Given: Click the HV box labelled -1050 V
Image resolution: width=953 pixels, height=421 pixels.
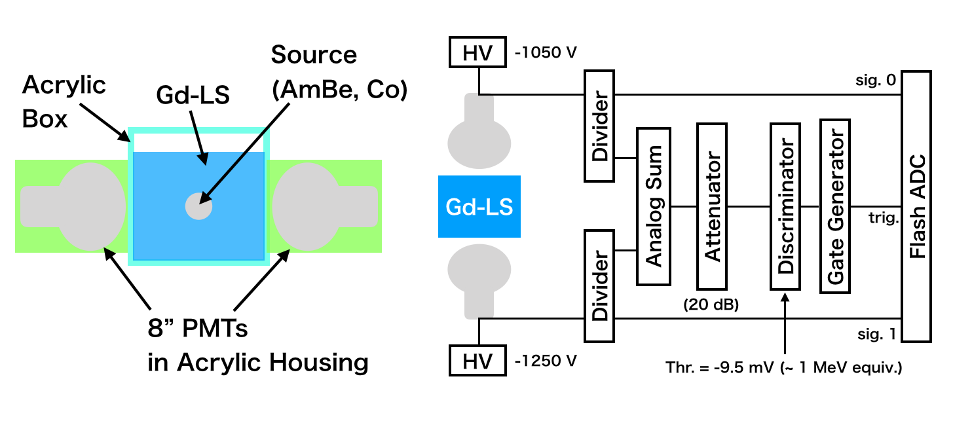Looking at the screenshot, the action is pyautogui.click(x=477, y=52).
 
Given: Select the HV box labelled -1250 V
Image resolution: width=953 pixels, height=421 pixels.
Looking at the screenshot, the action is pyautogui.click(x=477, y=361).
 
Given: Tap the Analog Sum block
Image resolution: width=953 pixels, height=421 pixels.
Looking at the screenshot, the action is pyautogui.click(x=654, y=206).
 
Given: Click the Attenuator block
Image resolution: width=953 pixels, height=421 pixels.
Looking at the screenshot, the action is pyautogui.click(x=712, y=206).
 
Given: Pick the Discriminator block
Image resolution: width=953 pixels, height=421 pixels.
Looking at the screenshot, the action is pyautogui.click(x=785, y=206).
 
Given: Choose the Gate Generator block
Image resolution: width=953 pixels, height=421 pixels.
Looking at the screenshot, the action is pyautogui.click(x=835, y=206).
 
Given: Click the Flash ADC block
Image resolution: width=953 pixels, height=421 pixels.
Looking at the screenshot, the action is pyautogui.click(x=917, y=206).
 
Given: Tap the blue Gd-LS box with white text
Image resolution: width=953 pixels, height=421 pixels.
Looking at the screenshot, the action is pyautogui.click(x=479, y=207).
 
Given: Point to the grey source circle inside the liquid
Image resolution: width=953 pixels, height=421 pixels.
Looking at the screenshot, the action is pyautogui.click(x=198, y=206).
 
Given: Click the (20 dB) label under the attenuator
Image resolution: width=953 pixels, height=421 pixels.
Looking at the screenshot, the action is pyautogui.click(x=711, y=304).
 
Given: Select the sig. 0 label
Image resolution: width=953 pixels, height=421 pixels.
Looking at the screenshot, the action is pyautogui.click(x=876, y=80).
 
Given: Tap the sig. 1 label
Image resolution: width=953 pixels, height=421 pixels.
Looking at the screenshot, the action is pyautogui.click(x=877, y=335).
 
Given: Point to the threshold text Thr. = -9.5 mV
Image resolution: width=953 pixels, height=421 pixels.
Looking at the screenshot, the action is pyautogui.click(x=719, y=367).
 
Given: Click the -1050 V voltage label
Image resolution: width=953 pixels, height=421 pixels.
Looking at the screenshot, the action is pyautogui.click(x=546, y=52).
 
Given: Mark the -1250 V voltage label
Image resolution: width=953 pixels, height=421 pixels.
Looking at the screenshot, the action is pyautogui.click(x=546, y=361).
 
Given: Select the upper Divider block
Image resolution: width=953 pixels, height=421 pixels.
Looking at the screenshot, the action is pyautogui.click(x=599, y=126).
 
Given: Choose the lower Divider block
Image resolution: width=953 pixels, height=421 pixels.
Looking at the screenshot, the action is pyautogui.click(x=599, y=285).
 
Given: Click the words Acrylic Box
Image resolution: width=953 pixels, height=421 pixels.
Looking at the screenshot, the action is pyautogui.click(x=64, y=101).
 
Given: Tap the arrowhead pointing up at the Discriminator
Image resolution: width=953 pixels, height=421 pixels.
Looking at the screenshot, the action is pyautogui.click(x=785, y=297).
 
